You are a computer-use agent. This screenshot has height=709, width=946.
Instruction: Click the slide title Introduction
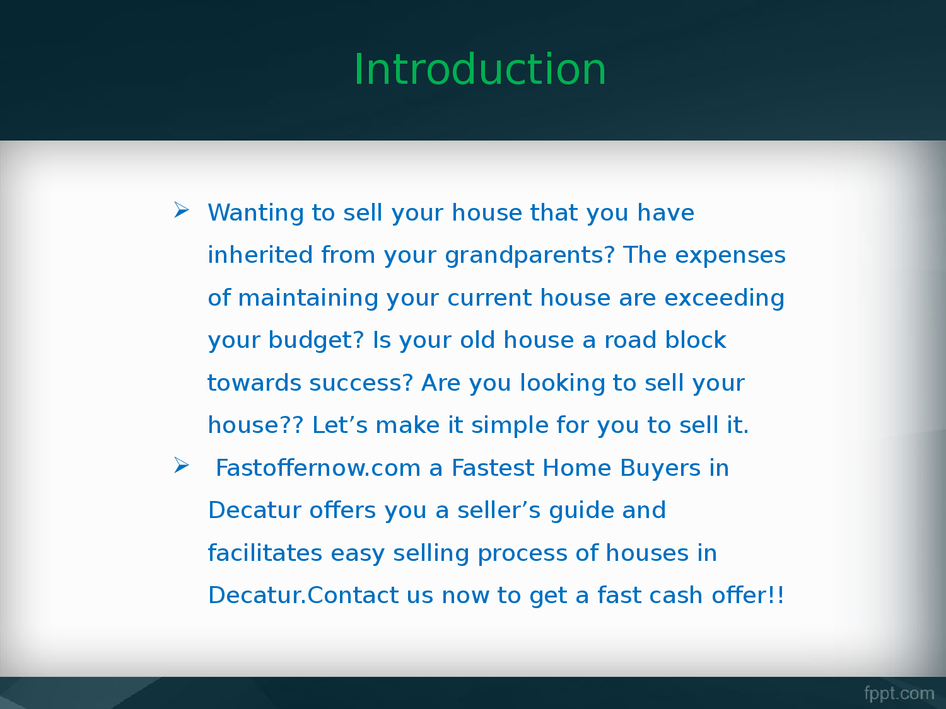480,69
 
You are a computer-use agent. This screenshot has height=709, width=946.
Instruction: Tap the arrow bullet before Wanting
182,210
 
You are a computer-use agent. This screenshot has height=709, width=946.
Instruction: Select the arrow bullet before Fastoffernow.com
182,465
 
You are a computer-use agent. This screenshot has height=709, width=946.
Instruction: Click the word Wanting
255,213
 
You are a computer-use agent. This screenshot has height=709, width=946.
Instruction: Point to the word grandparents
530,255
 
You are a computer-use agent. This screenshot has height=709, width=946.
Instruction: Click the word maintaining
308,298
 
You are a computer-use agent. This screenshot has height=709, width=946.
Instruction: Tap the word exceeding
724,298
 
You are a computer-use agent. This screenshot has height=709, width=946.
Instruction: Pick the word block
695,340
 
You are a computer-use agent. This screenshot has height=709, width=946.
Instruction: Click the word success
361,383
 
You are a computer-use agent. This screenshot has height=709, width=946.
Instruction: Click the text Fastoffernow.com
318,468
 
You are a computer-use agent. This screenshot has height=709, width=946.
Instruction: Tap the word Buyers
660,468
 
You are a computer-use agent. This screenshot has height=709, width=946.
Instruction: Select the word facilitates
265,552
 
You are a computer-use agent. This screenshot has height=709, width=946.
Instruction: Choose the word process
522,553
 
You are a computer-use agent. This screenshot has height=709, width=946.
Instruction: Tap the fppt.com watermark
899,694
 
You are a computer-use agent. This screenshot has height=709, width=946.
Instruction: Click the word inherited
260,255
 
